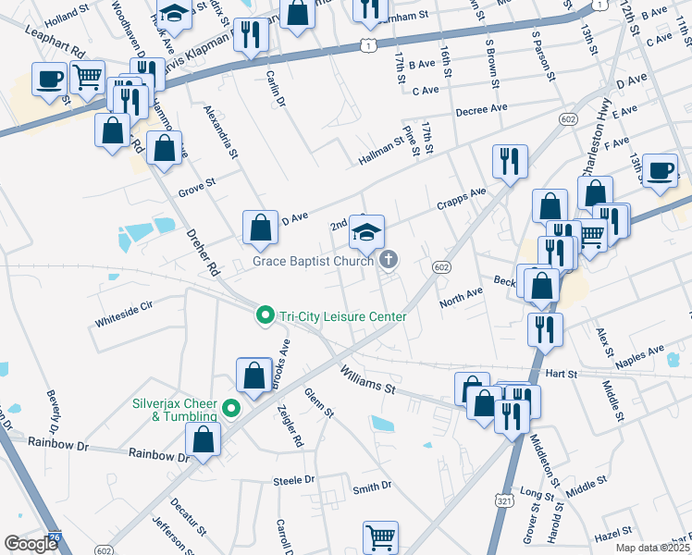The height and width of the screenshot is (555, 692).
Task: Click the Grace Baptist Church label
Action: (x=314, y=262)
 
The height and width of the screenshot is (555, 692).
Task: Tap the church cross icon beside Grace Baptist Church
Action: (x=389, y=262)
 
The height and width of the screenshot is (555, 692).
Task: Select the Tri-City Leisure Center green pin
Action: (x=265, y=316)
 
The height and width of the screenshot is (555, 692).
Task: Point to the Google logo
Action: (x=31, y=544)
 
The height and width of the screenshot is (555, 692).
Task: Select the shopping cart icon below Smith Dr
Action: (x=380, y=536)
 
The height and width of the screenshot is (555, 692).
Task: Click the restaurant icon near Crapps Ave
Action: (x=509, y=162)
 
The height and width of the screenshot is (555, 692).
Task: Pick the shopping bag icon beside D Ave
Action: (x=261, y=228)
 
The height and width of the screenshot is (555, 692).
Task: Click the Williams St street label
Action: (x=367, y=379)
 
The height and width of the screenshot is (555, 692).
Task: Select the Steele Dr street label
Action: (x=293, y=480)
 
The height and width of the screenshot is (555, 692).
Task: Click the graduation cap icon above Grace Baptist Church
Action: (x=366, y=231)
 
